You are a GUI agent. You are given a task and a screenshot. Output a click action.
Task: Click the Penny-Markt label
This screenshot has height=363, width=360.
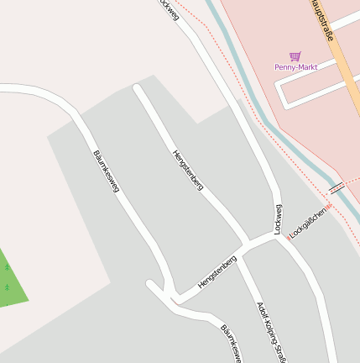[x=295, y=67]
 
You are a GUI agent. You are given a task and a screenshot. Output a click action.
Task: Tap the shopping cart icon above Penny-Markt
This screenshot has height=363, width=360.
[x=295, y=56]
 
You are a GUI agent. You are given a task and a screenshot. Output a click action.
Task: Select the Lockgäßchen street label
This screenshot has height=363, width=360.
[x=307, y=220]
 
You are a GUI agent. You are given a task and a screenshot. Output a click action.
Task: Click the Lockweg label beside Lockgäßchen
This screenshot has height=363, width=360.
[x=279, y=219]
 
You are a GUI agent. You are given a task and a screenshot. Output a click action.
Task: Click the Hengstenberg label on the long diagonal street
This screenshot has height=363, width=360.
[x=188, y=170]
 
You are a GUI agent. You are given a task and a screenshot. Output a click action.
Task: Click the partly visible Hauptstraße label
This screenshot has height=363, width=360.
[x=321, y=19]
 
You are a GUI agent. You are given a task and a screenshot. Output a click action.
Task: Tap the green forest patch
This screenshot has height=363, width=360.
[x=10, y=281]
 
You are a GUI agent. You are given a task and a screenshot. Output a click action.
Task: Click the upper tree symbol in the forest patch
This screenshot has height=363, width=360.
[x=7, y=268]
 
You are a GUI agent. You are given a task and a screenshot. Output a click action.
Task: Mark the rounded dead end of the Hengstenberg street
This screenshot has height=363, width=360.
[x=138, y=87]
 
